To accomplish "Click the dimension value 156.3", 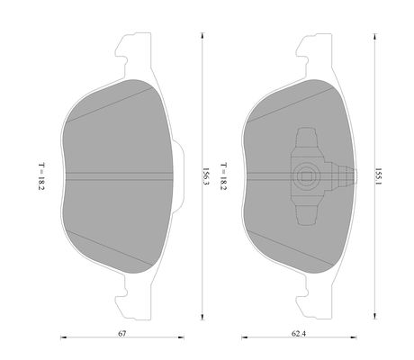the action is [205, 176].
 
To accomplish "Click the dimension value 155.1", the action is [378, 176].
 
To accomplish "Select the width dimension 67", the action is [121, 333].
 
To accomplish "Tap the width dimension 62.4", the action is [299, 333].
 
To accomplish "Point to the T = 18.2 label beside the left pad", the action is [41, 176].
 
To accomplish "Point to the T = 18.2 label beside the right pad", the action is [223, 176].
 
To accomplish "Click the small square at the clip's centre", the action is [306, 176].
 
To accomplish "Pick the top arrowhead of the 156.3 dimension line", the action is [202, 35].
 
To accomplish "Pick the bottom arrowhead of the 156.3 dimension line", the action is [202, 317].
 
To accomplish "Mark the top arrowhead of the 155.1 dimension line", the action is [374, 37].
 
